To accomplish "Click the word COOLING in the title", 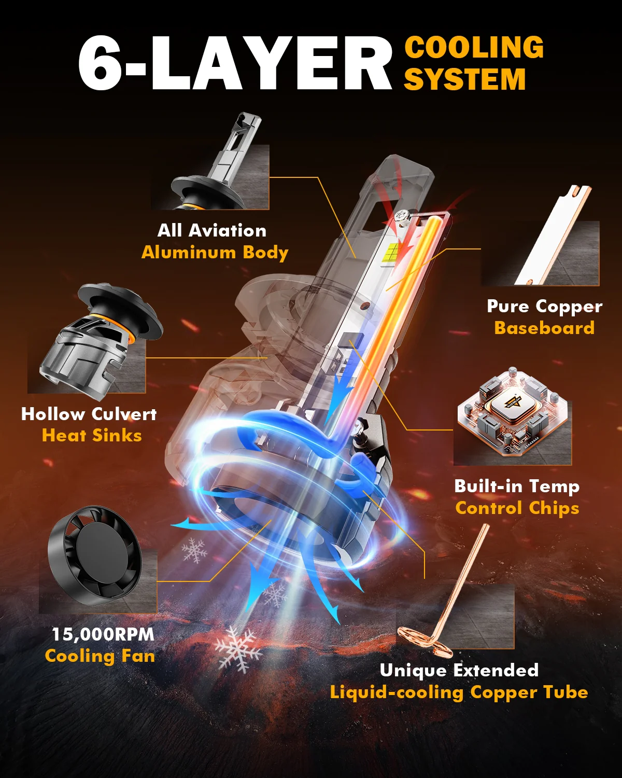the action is pyautogui.click(x=474, y=47).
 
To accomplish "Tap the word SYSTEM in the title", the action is pyautogui.click(x=465, y=79).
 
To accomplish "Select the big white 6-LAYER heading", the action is pyautogui.click(x=235, y=63).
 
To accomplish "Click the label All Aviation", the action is pyautogui.click(x=212, y=230).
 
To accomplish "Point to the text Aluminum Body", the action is pyautogui.click(x=215, y=253).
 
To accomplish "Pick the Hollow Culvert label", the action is pyautogui.click(x=89, y=414).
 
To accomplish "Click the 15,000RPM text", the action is pyautogui.click(x=103, y=634).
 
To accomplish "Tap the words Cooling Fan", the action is pyautogui.click(x=100, y=656).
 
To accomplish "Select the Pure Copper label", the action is pyautogui.click(x=545, y=307).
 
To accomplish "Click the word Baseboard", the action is pyautogui.click(x=544, y=328).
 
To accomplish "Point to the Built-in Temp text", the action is pyautogui.click(x=517, y=487).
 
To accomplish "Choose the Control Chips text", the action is pyautogui.click(x=517, y=508).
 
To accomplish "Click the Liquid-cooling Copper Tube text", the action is pyautogui.click(x=459, y=692).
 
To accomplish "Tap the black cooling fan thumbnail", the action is pyautogui.click(x=95, y=555).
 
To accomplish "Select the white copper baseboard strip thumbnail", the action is pyautogui.click(x=554, y=235).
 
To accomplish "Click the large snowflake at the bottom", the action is pyautogui.click(x=237, y=650).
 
